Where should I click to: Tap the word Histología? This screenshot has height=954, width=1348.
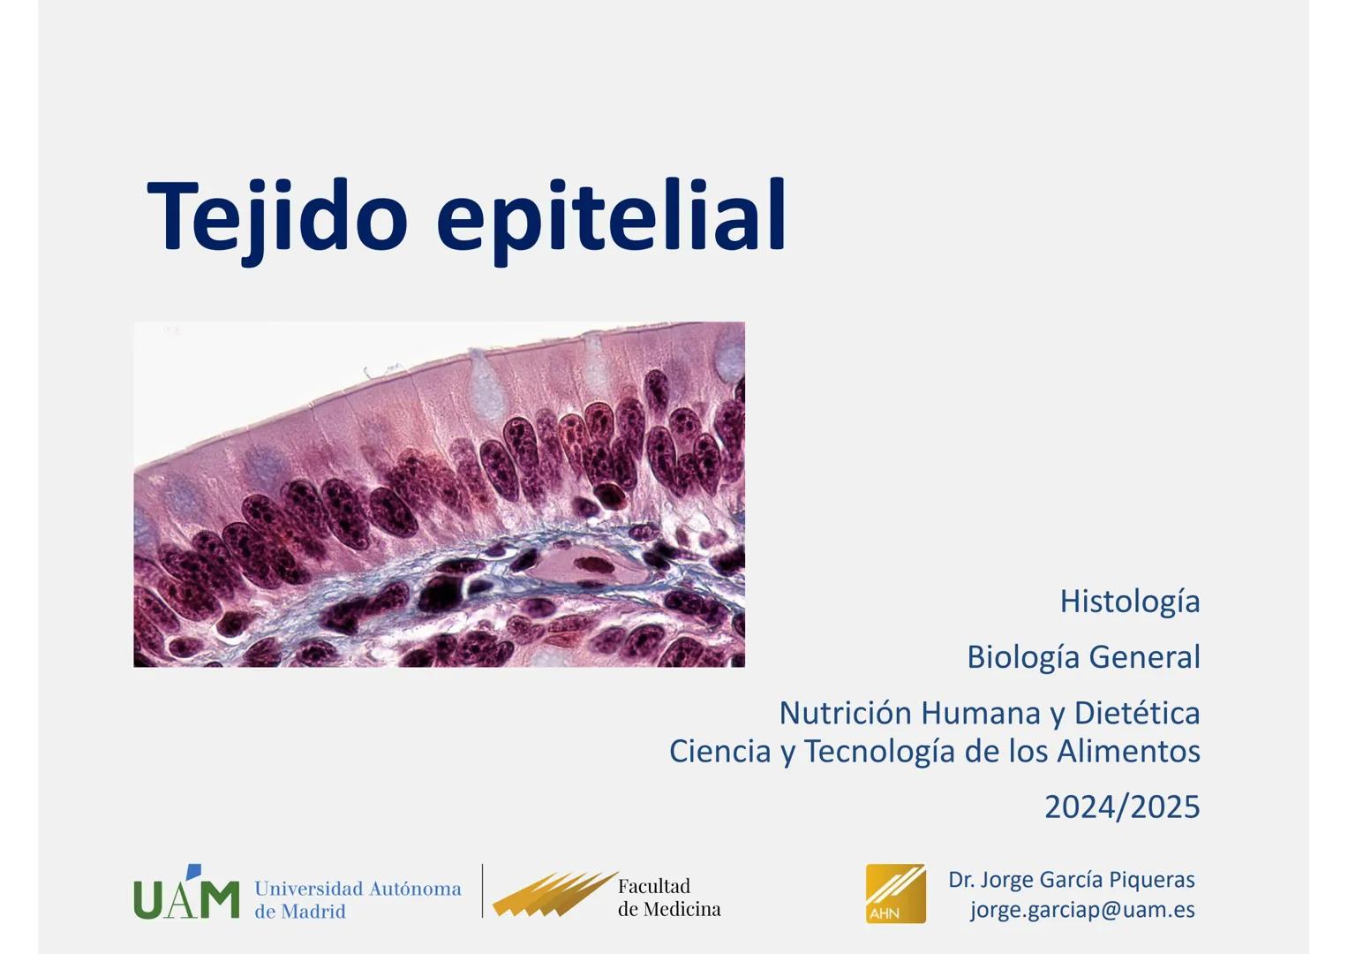click(x=1130, y=602)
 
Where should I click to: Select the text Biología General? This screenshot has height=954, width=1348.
click(x=1083, y=658)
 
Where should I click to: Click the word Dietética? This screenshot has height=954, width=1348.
click(x=1137, y=713)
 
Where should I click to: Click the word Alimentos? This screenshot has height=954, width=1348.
click(x=1129, y=751)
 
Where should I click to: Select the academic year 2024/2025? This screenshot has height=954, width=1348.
click(x=1122, y=807)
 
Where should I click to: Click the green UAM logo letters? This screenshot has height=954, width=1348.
click(x=186, y=898)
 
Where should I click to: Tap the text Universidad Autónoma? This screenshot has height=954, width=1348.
click(x=358, y=889)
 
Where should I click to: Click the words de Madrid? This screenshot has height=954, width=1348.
click(x=299, y=912)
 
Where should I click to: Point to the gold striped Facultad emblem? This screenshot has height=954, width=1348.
click(x=555, y=894)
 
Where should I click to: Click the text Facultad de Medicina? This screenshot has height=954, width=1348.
click(x=669, y=897)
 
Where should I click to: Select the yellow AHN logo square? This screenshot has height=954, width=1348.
click(x=895, y=894)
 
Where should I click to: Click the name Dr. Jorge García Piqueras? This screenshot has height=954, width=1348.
click(x=1071, y=880)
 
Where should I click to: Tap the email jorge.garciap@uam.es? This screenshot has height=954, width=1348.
click(x=1082, y=910)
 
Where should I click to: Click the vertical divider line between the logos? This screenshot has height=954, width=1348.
click(x=482, y=890)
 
